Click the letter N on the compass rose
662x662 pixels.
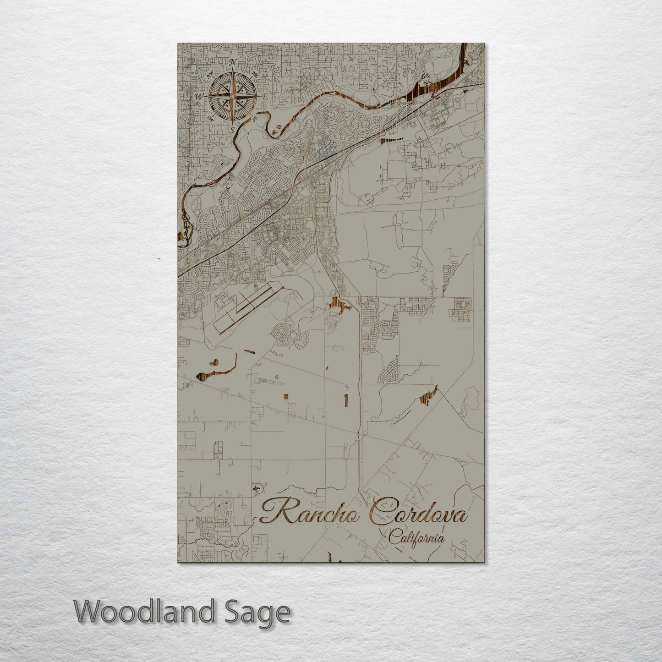(232, 63)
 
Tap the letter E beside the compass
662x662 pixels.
(265, 97)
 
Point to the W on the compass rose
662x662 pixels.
(199, 97)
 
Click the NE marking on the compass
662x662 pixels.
(255, 75)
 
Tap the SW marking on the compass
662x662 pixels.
(211, 118)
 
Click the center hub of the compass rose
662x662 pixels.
(232, 96)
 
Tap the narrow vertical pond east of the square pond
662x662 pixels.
(346, 399)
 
